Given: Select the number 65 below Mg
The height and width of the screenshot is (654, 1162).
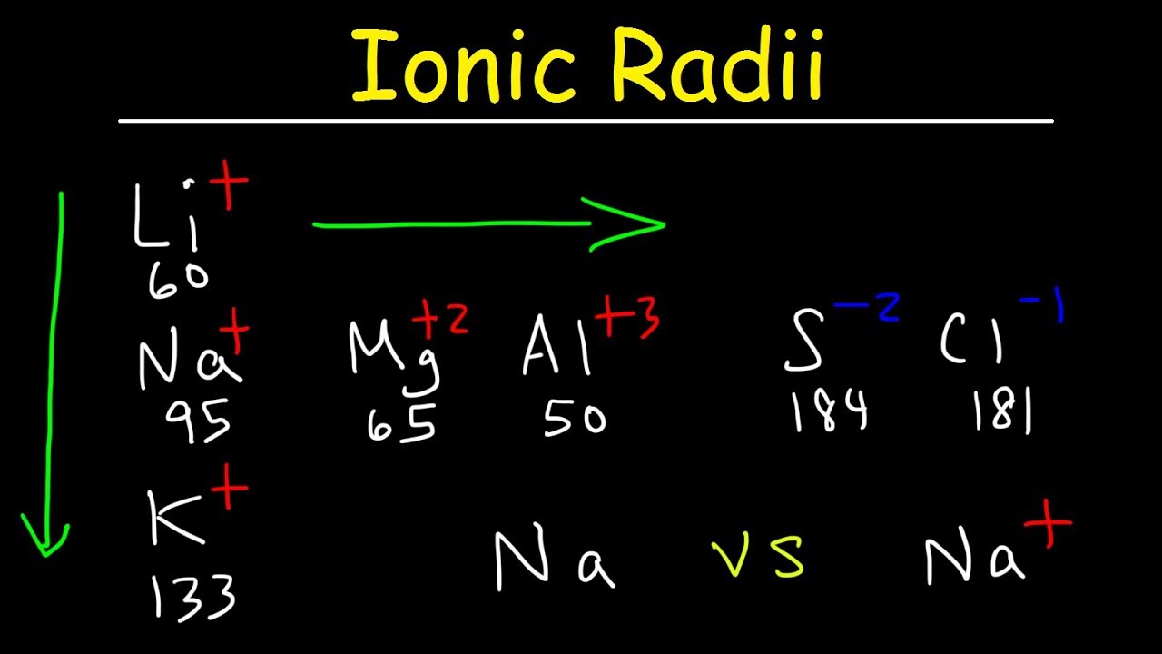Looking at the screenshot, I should (402, 421).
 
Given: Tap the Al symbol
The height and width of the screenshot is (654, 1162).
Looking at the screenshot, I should (556, 348).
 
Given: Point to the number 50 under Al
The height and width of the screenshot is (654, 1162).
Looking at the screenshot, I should (574, 419).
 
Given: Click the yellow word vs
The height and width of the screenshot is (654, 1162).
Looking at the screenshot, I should (758, 556).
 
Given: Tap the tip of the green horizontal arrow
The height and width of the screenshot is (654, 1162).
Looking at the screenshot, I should (664, 223).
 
